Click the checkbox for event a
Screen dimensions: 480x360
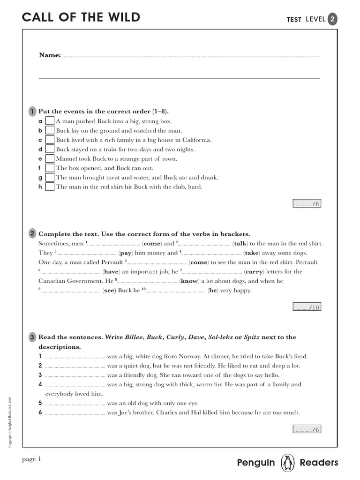(50, 121)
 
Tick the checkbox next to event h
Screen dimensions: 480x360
(50, 187)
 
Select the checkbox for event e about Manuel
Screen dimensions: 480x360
(50, 159)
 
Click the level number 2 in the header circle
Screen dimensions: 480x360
(332, 19)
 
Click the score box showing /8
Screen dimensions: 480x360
(307, 203)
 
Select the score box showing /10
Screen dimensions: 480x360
(307, 307)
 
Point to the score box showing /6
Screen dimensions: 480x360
(307, 429)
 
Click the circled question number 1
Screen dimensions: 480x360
(32, 112)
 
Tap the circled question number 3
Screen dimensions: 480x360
(32, 337)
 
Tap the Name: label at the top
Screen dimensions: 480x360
(50, 55)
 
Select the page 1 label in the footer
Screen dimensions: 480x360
(32, 459)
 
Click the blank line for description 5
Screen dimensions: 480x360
(75, 404)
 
